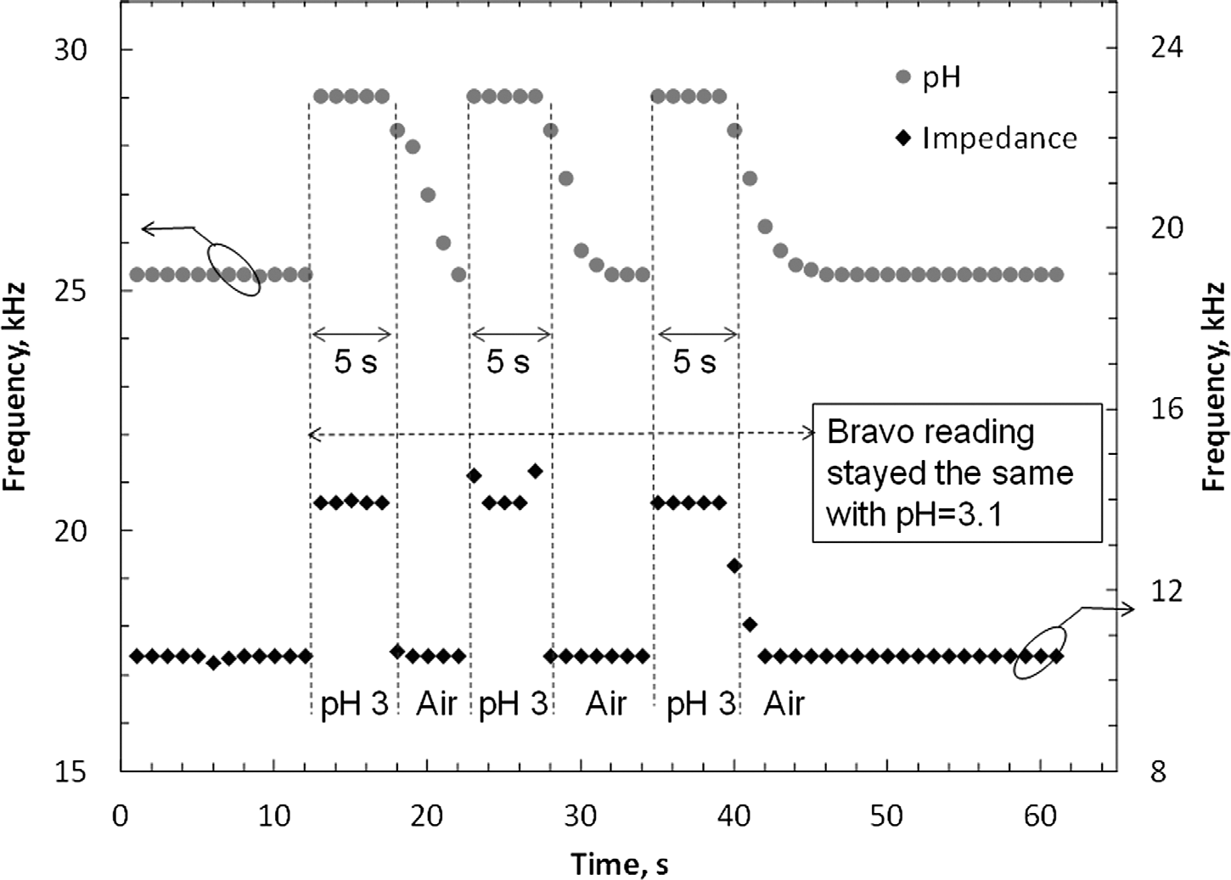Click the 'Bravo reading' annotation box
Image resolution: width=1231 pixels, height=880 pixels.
click(x=957, y=472)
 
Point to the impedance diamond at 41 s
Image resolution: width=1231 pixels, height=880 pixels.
click(x=750, y=625)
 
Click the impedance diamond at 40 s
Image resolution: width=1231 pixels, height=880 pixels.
click(x=734, y=566)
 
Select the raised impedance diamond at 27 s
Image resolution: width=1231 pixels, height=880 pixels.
click(x=535, y=470)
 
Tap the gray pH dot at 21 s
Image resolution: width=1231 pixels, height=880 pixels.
click(x=443, y=243)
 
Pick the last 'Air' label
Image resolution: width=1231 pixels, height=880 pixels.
click(x=784, y=703)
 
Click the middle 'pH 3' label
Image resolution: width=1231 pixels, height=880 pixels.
click(x=512, y=703)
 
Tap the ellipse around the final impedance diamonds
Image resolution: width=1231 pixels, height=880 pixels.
click(x=1039, y=653)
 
